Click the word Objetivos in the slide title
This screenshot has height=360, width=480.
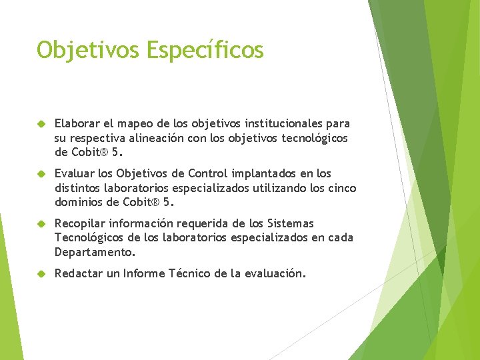point(82,50)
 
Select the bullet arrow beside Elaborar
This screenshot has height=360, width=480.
point(41,124)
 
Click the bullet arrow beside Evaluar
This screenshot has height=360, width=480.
point(41,174)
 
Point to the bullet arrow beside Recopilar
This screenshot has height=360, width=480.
point(41,224)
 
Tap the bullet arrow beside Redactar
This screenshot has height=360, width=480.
point(41,274)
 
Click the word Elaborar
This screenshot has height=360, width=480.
point(77,123)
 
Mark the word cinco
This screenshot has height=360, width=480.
point(341,188)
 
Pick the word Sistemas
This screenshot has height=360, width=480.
point(291,223)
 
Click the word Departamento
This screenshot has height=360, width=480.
point(94,253)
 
